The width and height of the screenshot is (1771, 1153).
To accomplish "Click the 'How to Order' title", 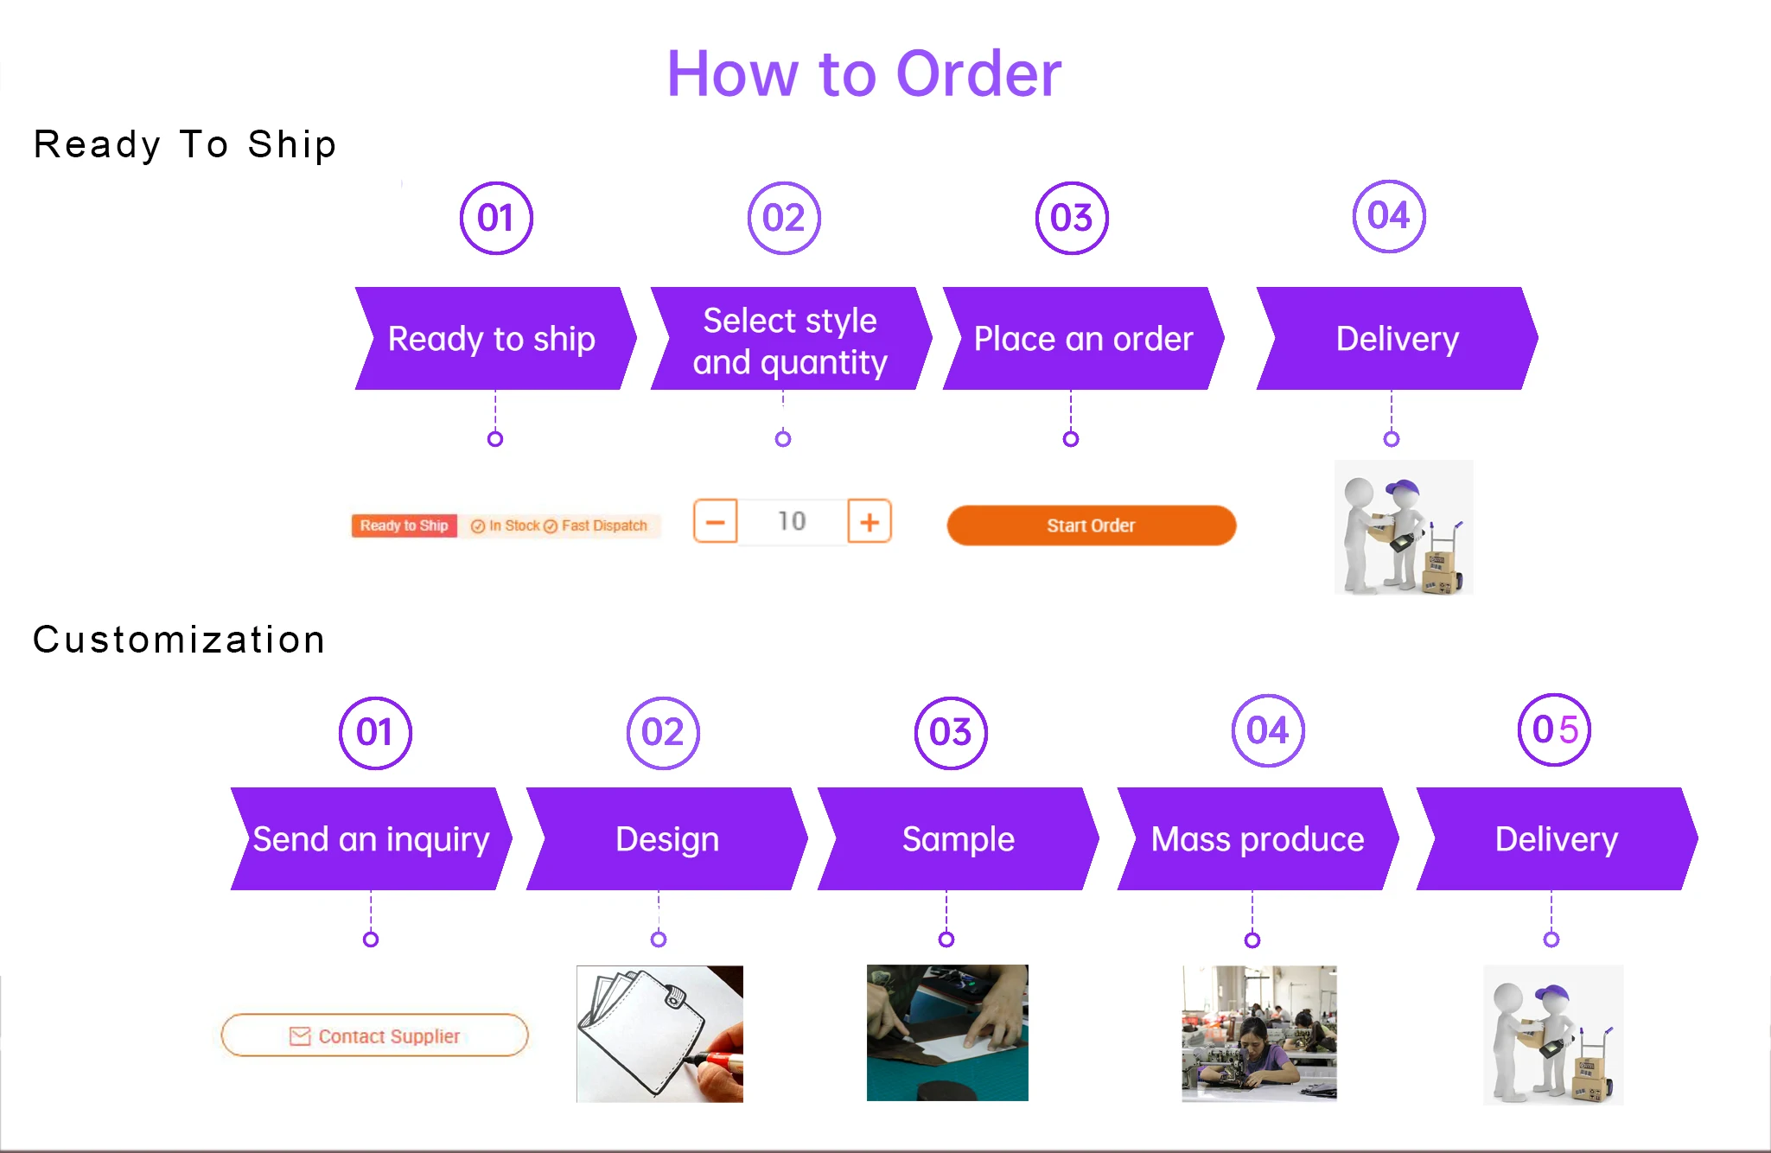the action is click(x=864, y=74).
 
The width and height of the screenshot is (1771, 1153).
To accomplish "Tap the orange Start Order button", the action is click(x=1091, y=526).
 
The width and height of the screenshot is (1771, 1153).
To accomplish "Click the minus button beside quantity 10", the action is click(x=716, y=521).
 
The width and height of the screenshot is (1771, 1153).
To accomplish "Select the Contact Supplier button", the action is click(x=374, y=1035).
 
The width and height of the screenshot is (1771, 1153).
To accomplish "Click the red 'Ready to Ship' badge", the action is click(x=404, y=526).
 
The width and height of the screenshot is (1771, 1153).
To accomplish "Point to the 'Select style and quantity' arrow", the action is click(x=790, y=340).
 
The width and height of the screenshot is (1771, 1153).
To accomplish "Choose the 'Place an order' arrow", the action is click(x=1083, y=340).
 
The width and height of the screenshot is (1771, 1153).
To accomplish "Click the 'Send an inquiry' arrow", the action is click(x=371, y=839).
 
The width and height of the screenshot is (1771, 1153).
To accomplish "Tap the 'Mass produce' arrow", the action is click(x=1258, y=839).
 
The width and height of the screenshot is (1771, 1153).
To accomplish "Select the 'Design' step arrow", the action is click(x=666, y=839).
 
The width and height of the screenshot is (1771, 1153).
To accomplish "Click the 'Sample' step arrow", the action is click(x=958, y=839).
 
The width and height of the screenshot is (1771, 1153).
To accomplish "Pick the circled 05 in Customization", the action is click(x=1554, y=730).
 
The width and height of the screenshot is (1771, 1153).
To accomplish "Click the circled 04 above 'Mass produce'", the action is click(x=1268, y=731).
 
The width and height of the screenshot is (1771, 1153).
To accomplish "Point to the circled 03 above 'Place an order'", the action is click(x=1072, y=218).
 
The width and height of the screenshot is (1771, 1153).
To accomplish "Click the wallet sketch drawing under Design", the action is click(x=659, y=1034).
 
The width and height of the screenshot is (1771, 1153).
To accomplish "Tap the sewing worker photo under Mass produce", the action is click(x=1259, y=1034).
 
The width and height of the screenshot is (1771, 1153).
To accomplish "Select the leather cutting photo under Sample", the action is click(x=947, y=1033).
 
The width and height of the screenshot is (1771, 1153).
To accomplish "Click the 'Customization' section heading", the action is click(x=179, y=640).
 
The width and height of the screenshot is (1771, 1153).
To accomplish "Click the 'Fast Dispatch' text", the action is click(x=603, y=526).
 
